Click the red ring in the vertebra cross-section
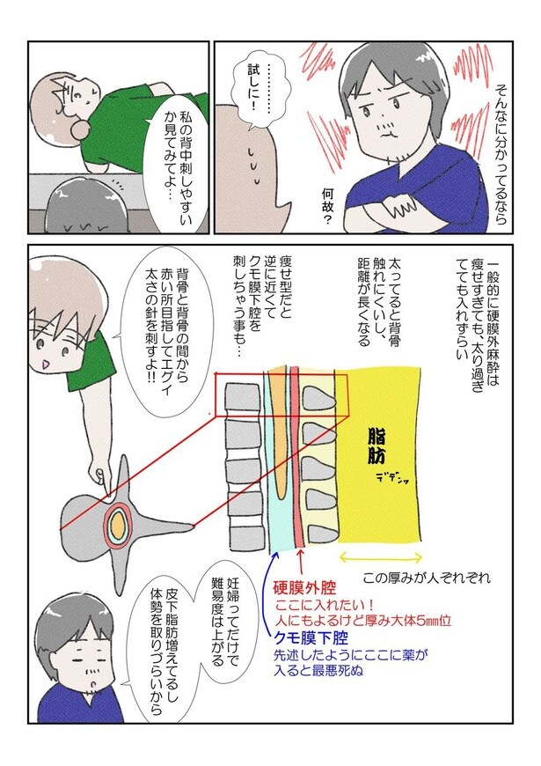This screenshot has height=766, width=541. pos(116,527)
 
